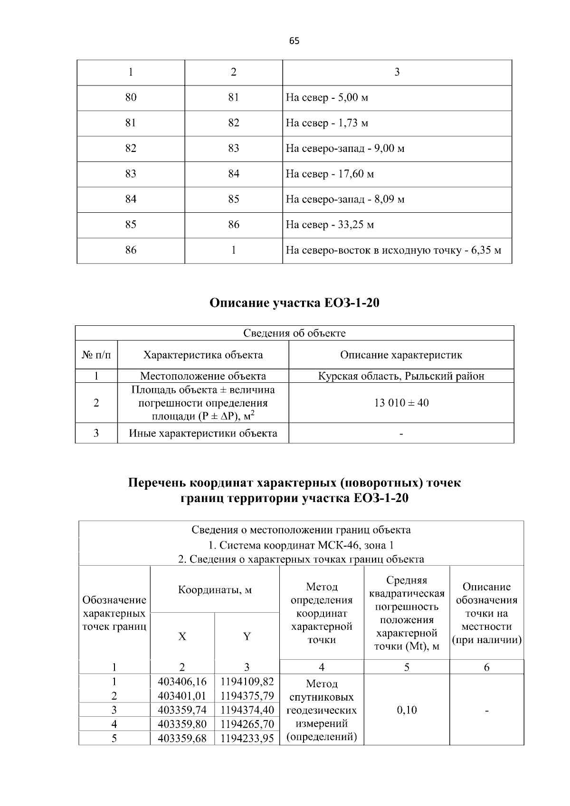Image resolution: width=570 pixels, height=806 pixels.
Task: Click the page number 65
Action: click(x=294, y=41)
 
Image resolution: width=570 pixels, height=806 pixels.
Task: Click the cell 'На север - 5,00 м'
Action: click(x=327, y=98)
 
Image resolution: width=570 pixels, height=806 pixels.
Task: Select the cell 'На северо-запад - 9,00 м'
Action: click(x=345, y=149)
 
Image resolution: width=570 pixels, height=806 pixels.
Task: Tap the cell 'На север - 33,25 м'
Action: click(x=330, y=225)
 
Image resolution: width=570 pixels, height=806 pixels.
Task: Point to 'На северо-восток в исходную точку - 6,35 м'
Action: click(x=393, y=250)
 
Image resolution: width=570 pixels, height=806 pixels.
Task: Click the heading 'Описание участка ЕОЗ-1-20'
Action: click(x=294, y=303)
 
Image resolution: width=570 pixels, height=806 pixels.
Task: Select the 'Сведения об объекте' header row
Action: click(x=294, y=333)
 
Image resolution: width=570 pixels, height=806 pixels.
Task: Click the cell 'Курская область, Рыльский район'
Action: click(x=401, y=376)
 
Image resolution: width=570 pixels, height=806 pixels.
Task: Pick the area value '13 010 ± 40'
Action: click(x=401, y=403)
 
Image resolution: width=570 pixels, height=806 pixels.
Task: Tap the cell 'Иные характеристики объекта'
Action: click(x=203, y=433)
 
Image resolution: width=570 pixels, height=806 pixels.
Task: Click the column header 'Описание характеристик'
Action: click(x=401, y=355)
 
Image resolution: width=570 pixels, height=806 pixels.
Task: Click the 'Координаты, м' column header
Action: click(x=215, y=590)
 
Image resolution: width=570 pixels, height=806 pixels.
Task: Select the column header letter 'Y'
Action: click(x=247, y=637)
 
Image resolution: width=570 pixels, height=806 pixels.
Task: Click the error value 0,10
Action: click(x=407, y=710)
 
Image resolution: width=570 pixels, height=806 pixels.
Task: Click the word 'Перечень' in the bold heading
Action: click(x=157, y=483)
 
